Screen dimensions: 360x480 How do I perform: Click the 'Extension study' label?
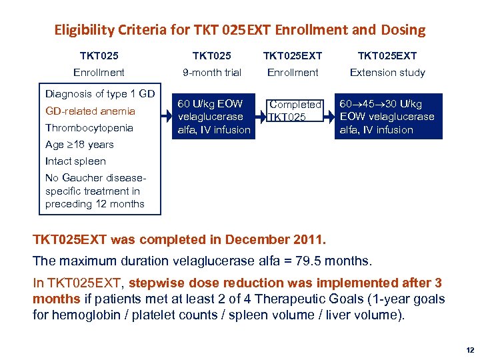[387, 72]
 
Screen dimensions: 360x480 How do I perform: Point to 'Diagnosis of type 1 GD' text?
[100, 94]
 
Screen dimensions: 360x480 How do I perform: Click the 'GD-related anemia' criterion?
[90, 111]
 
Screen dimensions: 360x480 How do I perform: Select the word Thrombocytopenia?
[89, 127]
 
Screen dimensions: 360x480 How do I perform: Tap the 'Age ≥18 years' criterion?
[79, 144]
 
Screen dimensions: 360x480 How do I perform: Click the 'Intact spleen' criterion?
[75, 161]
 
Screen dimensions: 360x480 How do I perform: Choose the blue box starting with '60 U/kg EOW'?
[213, 117]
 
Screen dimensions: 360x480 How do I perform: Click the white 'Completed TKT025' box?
[294, 111]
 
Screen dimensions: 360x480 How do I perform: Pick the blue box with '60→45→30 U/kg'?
[387, 117]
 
